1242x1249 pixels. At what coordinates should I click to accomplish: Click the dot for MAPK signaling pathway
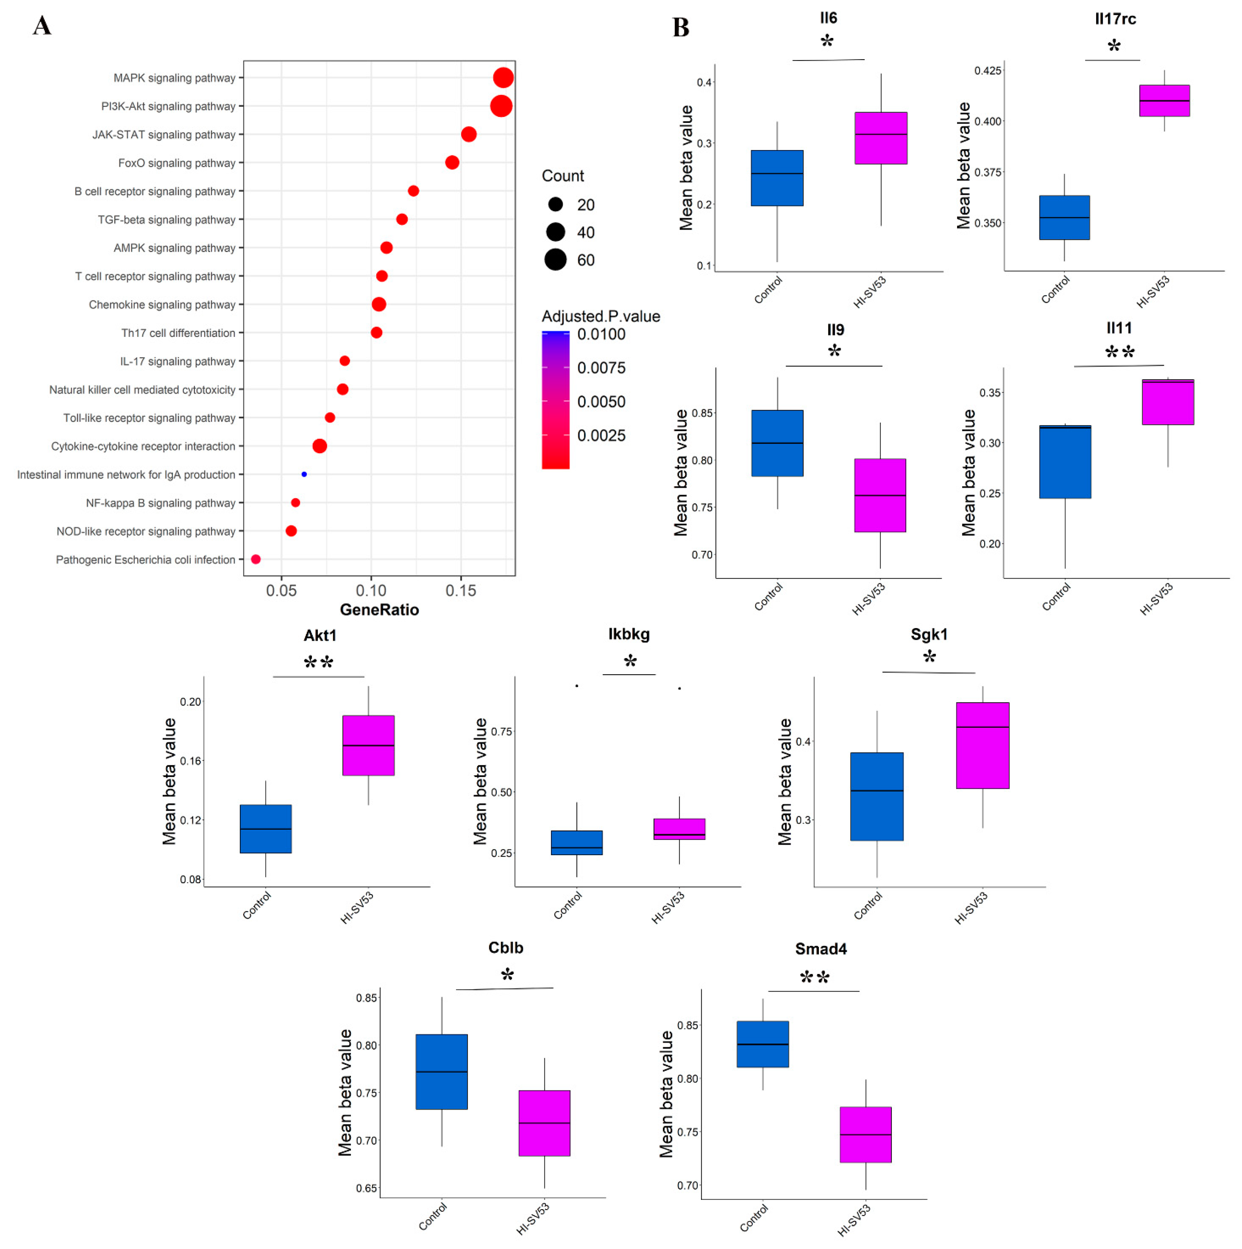(503, 77)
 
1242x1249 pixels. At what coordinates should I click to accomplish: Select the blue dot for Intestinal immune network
(304, 474)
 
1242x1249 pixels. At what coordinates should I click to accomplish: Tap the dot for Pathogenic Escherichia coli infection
(256, 559)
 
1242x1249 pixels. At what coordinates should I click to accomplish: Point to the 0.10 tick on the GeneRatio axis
(371, 590)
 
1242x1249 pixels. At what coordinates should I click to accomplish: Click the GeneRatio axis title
(379, 610)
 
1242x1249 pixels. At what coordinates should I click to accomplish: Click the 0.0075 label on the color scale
(601, 368)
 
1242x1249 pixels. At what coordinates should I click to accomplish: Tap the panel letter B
(681, 28)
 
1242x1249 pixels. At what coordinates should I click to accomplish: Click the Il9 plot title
(835, 330)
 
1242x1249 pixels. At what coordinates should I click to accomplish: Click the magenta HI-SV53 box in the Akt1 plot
(369, 745)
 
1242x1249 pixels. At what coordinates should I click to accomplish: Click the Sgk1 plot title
(929, 634)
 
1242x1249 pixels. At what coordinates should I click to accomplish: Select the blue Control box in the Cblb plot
(442, 1072)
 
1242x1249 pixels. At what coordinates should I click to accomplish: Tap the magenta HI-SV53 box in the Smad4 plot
(866, 1135)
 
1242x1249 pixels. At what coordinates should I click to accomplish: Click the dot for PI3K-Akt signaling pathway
(501, 106)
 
